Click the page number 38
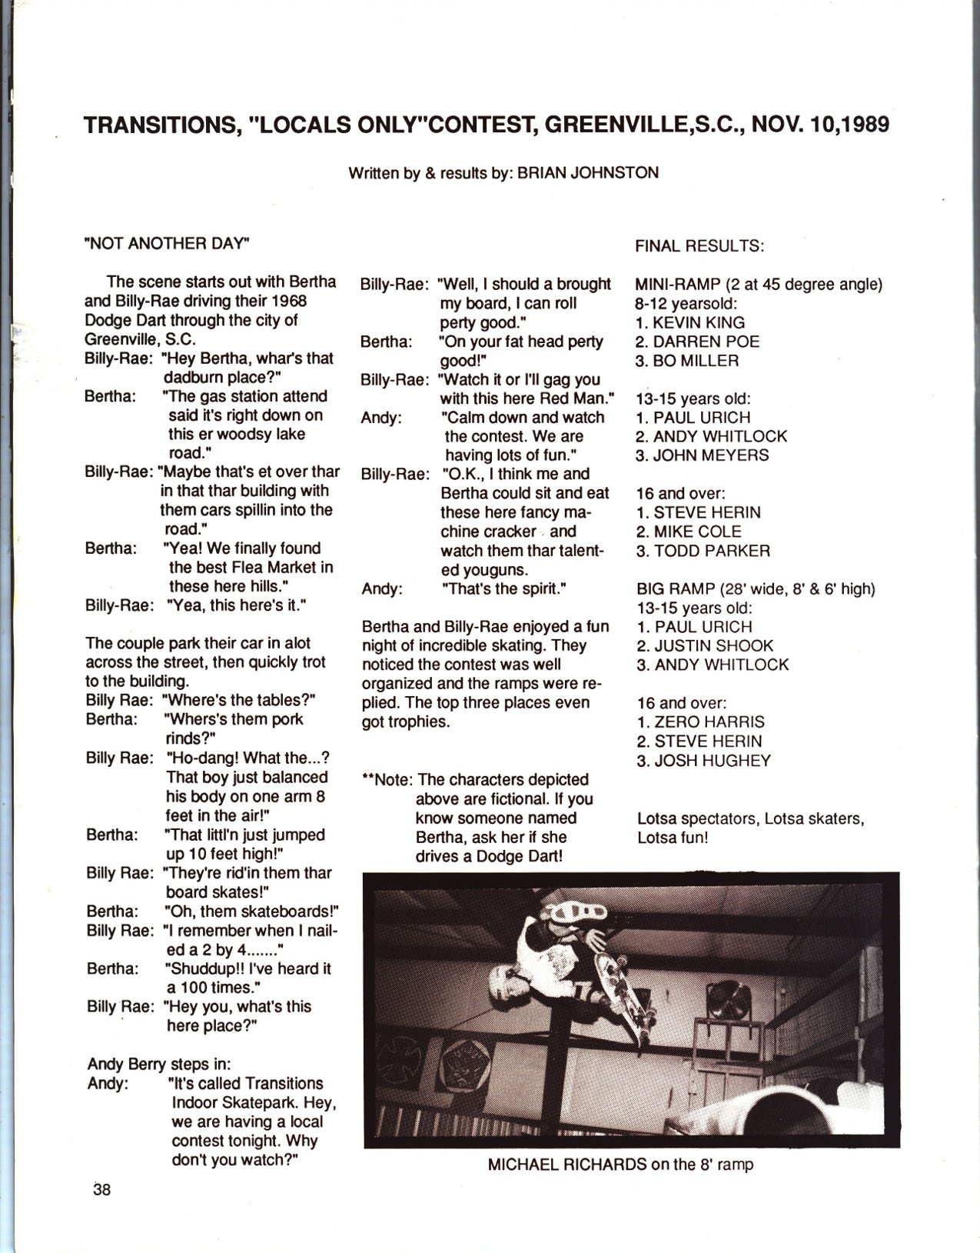[101, 1190]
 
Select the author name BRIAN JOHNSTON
[588, 173]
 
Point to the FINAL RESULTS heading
[699, 246]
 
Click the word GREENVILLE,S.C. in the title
[652, 125]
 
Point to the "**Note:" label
[388, 780]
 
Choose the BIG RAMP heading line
[756, 589]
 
